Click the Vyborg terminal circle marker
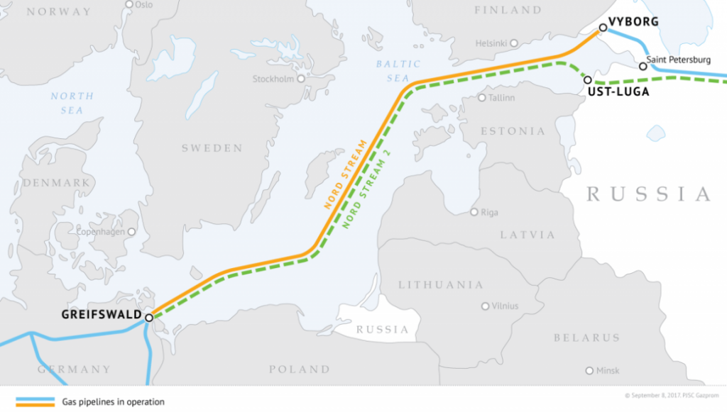click(x=602, y=28)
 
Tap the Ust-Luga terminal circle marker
click(x=587, y=79)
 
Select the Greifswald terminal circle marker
click(x=149, y=318)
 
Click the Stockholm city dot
click(x=300, y=79)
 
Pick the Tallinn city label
click(x=501, y=98)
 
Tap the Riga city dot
click(x=474, y=212)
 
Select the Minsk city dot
click(x=589, y=370)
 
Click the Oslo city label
click(x=143, y=4)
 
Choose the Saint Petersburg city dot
click(x=643, y=66)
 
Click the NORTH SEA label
click(x=72, y=103)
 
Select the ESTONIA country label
click(x=513, y=131)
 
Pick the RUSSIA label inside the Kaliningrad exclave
click(x=383, y=330)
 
